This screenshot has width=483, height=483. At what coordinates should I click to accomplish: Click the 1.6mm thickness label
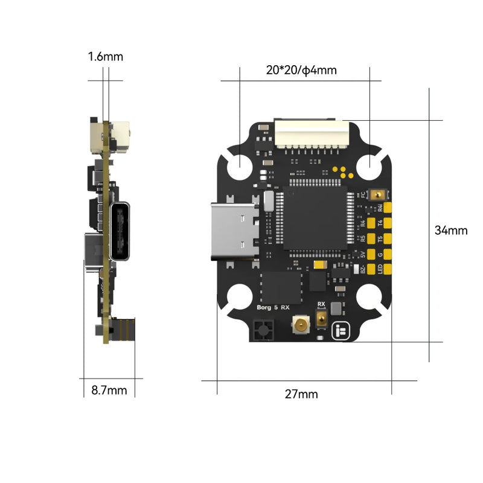105,57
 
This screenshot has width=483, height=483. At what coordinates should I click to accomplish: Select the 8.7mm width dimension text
109,390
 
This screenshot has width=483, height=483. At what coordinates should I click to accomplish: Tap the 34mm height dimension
451,230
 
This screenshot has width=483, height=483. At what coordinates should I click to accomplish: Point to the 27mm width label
301,394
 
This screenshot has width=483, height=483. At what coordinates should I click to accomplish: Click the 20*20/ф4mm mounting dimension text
301,71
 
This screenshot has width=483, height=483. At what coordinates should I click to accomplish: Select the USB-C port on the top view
234,232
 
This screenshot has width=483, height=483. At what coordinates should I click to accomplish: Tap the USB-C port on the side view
120,232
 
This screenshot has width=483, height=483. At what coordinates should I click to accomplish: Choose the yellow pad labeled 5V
372,255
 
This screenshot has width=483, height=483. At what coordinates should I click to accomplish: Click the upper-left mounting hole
241,164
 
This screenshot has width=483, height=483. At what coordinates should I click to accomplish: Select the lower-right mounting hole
369,299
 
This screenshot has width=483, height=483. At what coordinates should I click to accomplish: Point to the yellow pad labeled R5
372,239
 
